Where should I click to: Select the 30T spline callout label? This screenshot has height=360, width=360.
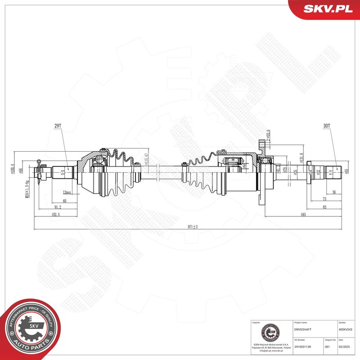click(326, 126)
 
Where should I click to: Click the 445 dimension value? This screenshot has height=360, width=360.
click(303, 215)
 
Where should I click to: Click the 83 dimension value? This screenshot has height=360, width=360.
click(324, 207)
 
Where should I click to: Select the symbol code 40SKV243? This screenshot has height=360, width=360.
click(346, 329)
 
